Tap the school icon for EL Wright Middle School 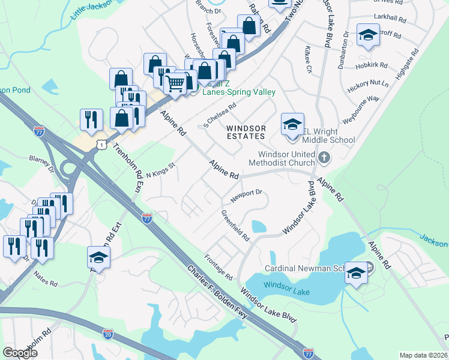tap(292, 125)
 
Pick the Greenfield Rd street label tap(235, 226)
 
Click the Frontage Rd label tap(220, 269)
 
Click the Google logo tap(20, 353)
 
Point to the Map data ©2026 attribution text tap(423, 355)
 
